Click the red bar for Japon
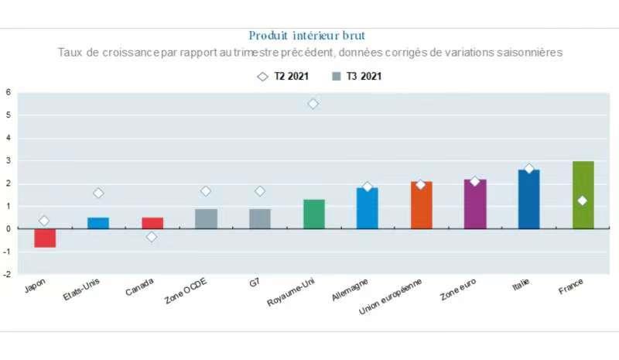44,238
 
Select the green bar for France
583,194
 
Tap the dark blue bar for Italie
528,199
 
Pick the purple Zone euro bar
475,204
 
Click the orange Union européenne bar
421,205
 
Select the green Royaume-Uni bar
313,214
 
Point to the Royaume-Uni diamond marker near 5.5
313,104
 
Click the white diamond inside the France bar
583,201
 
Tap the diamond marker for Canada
152,236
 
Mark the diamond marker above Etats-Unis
98,193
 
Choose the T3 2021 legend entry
357,77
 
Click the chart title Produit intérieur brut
307,36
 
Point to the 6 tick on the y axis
8,92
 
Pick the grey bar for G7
260,218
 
